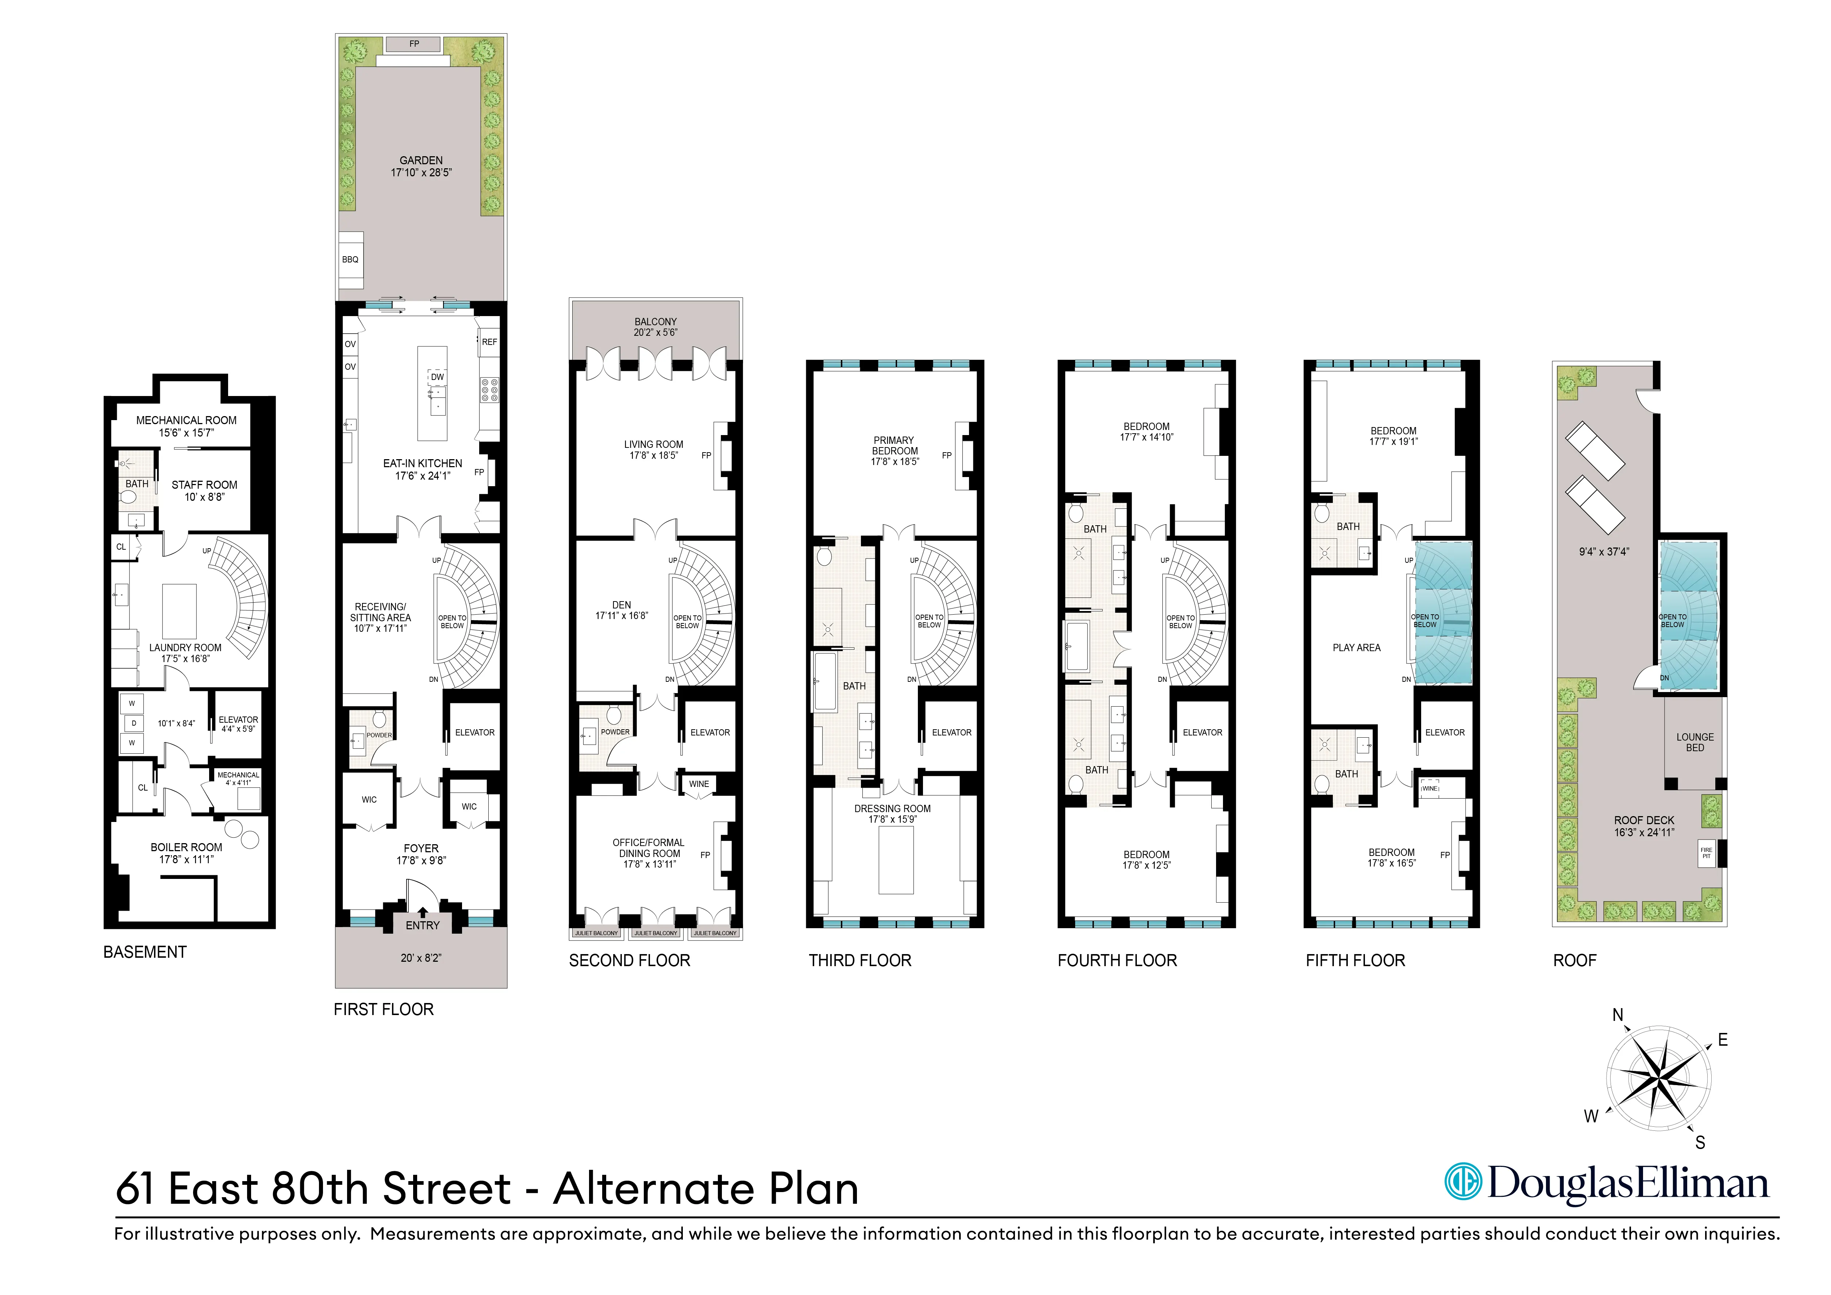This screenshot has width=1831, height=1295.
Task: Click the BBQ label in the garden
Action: [350, 259]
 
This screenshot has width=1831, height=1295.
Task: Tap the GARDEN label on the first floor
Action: [421, 160]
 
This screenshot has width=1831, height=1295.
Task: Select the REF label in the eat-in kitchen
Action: [489, 342]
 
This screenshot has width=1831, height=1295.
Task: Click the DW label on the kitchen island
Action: [437, 377]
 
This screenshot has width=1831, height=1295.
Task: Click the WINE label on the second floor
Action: [699, 784]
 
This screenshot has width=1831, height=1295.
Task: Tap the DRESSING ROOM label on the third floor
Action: [892, 808]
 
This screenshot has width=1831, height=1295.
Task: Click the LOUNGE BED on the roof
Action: [1695, 742]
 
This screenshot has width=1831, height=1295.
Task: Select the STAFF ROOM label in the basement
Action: [204, 485]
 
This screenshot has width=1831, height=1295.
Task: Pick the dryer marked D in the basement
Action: [133, 723]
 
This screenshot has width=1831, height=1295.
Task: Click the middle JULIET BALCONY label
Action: [655, 933]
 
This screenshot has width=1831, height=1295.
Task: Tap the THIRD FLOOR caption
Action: [860, 961]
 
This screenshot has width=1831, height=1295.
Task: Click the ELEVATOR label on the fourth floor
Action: [1202, 732]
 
